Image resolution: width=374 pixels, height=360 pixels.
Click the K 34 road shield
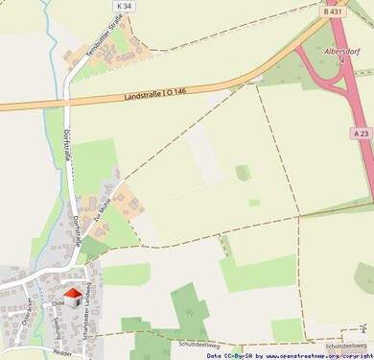click(x=122, y=6)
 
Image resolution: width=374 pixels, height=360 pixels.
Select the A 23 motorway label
click(x=361, y=133)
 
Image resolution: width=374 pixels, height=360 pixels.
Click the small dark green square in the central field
click(x=244, y=172)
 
